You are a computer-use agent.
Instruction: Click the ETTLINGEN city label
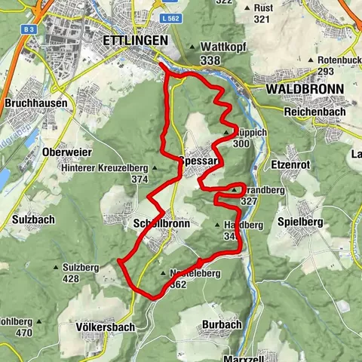130,40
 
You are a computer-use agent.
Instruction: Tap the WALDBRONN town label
305,89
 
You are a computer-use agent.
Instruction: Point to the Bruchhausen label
35,103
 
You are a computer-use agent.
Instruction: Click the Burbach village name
222,324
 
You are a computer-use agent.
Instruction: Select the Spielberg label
300,222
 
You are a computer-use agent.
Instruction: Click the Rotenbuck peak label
338,60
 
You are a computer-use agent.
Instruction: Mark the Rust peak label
262,7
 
